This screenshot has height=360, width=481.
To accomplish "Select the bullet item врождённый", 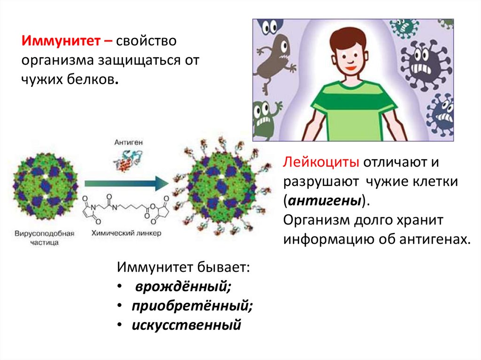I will coord(183,287).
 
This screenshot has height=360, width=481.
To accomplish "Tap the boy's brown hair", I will coord(350,35).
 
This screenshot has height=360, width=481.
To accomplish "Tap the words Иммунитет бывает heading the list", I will coord(183,268).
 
